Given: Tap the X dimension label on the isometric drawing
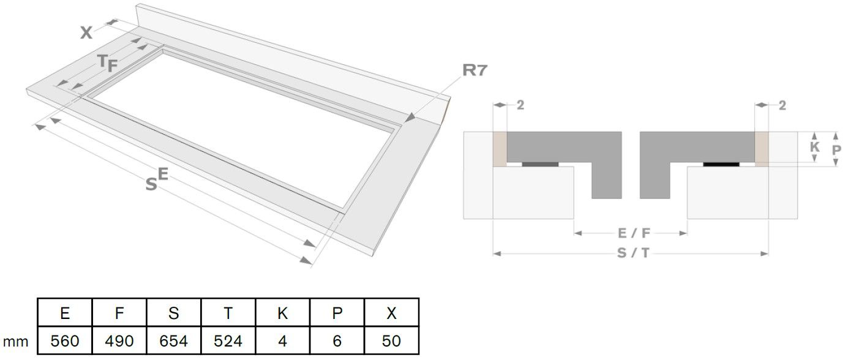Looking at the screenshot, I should [86, 33].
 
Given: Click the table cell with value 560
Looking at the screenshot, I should [65, 340].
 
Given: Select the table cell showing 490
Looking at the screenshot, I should [119, 340].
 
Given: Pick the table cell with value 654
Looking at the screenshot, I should [174, 340].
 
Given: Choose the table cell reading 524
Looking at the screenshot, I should [228, 340].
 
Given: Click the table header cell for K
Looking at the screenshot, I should [283, 313].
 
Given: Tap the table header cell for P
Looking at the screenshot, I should [337, 313].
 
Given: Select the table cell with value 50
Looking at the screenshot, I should [391, 340].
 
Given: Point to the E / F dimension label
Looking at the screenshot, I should [630, 233].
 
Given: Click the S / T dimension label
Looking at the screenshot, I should [630, 253].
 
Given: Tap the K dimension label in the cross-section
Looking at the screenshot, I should [814, 148].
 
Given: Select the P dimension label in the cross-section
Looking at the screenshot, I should [837, 149].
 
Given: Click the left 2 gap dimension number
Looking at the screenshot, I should [520, 105].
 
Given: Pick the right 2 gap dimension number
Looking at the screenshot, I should [782, 105].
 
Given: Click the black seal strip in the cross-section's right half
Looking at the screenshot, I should [721, 163].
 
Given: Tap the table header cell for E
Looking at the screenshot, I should [65, 313].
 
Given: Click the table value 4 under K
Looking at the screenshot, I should [283, 340].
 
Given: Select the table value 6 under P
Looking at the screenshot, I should [337, 340].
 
